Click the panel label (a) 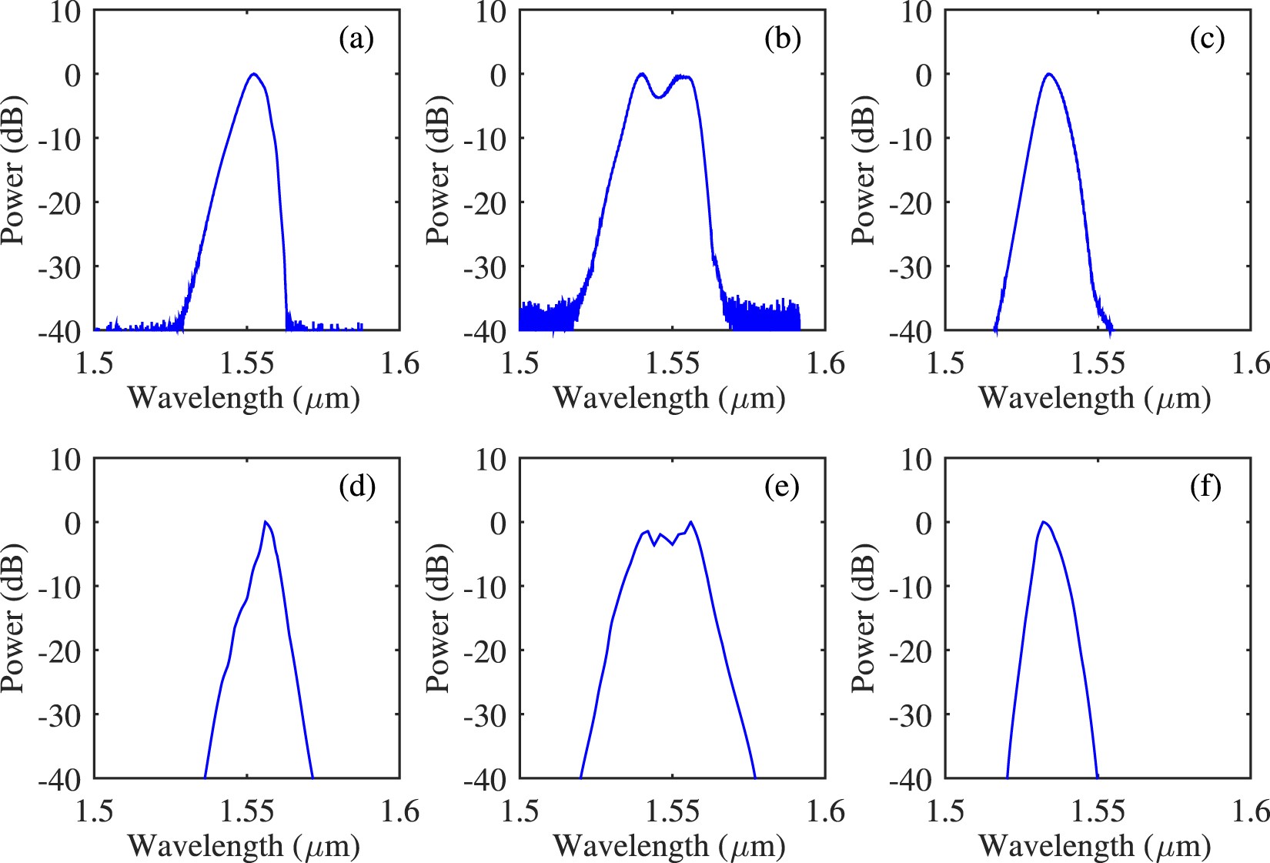pos(356,38)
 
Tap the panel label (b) pos(782,38)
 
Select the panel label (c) pos(1207,38)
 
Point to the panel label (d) pos(357,487)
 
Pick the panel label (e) pos(782,487)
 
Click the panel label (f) pos(1205,487)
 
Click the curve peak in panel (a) pos(253,74)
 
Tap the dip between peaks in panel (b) pos(659,97)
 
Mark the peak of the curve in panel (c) pos(1048,75)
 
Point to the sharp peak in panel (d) pos(265,522)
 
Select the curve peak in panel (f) pos(1044,522)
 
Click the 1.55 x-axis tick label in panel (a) pos(247,363)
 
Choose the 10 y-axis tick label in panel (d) pos(65,460)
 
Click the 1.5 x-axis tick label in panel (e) pos(520,811)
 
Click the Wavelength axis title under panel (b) pos(669,398)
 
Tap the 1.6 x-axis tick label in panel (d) pos(400,811)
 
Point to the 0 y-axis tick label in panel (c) pos(923,75)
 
